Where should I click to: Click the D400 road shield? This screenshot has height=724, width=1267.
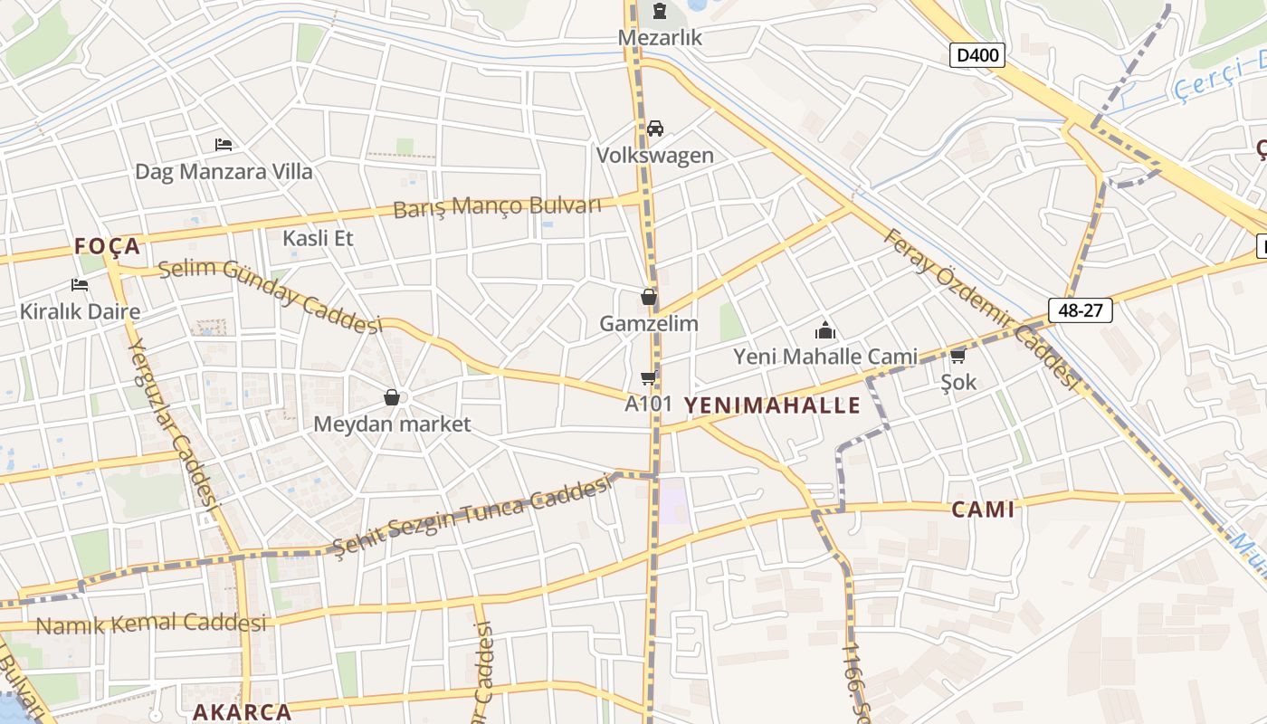pos(977,55)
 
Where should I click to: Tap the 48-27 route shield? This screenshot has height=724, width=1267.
pos(1081,310)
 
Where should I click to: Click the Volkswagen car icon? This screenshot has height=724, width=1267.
pos(655,129)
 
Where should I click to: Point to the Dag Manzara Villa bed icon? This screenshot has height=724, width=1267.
pos(224,145)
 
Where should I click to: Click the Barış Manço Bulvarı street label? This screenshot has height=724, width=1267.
pos(497,206)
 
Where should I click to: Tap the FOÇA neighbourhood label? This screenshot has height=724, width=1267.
pos(108,246)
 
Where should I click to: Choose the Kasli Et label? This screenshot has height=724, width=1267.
pos(318,238)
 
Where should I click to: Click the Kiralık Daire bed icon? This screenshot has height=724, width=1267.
pos(80,285)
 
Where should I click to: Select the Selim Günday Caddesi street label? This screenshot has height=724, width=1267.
pos(271,294)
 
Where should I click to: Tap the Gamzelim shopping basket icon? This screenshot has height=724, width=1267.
pos(649,297)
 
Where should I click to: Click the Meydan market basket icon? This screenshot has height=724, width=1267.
pos(392,397)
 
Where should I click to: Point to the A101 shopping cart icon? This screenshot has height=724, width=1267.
pos(648,377)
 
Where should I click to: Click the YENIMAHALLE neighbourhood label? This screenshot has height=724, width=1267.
pos(772,405)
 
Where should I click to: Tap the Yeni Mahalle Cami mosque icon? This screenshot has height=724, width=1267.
pos(824,330)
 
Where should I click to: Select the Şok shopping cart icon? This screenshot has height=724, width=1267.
pos(958,356)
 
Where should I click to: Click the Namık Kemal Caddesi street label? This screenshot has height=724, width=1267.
pos(151,624)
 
